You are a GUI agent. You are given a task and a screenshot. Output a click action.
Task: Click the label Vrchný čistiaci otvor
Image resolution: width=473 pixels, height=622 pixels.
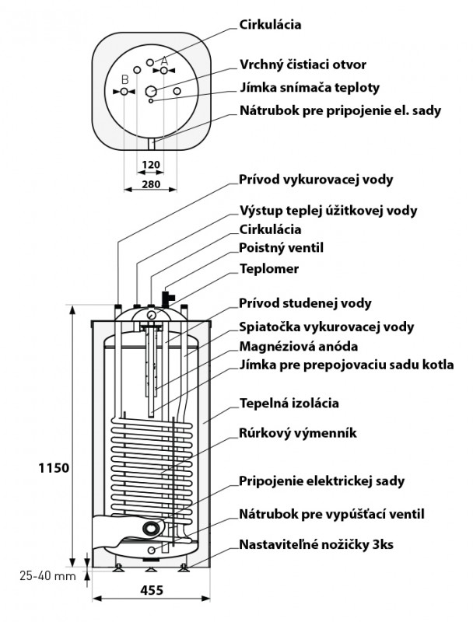[x=313, y=65]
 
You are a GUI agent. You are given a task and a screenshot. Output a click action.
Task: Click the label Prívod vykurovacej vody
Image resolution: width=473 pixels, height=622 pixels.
[x=316, y=180]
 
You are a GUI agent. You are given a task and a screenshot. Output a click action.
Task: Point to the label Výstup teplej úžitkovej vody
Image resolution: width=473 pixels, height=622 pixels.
[x=328, y=210]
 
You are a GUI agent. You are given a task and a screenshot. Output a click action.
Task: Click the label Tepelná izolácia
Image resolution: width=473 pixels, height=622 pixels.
[x=290, y=404]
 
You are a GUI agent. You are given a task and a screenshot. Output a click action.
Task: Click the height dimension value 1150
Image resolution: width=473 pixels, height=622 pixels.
[x=54, y=468]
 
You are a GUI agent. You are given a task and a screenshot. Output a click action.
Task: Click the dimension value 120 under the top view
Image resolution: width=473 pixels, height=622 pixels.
[x=152, y=165]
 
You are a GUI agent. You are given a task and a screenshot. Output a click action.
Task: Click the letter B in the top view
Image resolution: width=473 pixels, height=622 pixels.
[x=124, y=79]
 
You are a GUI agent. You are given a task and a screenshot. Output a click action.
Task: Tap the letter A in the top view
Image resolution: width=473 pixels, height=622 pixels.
[x=164, y=61]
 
